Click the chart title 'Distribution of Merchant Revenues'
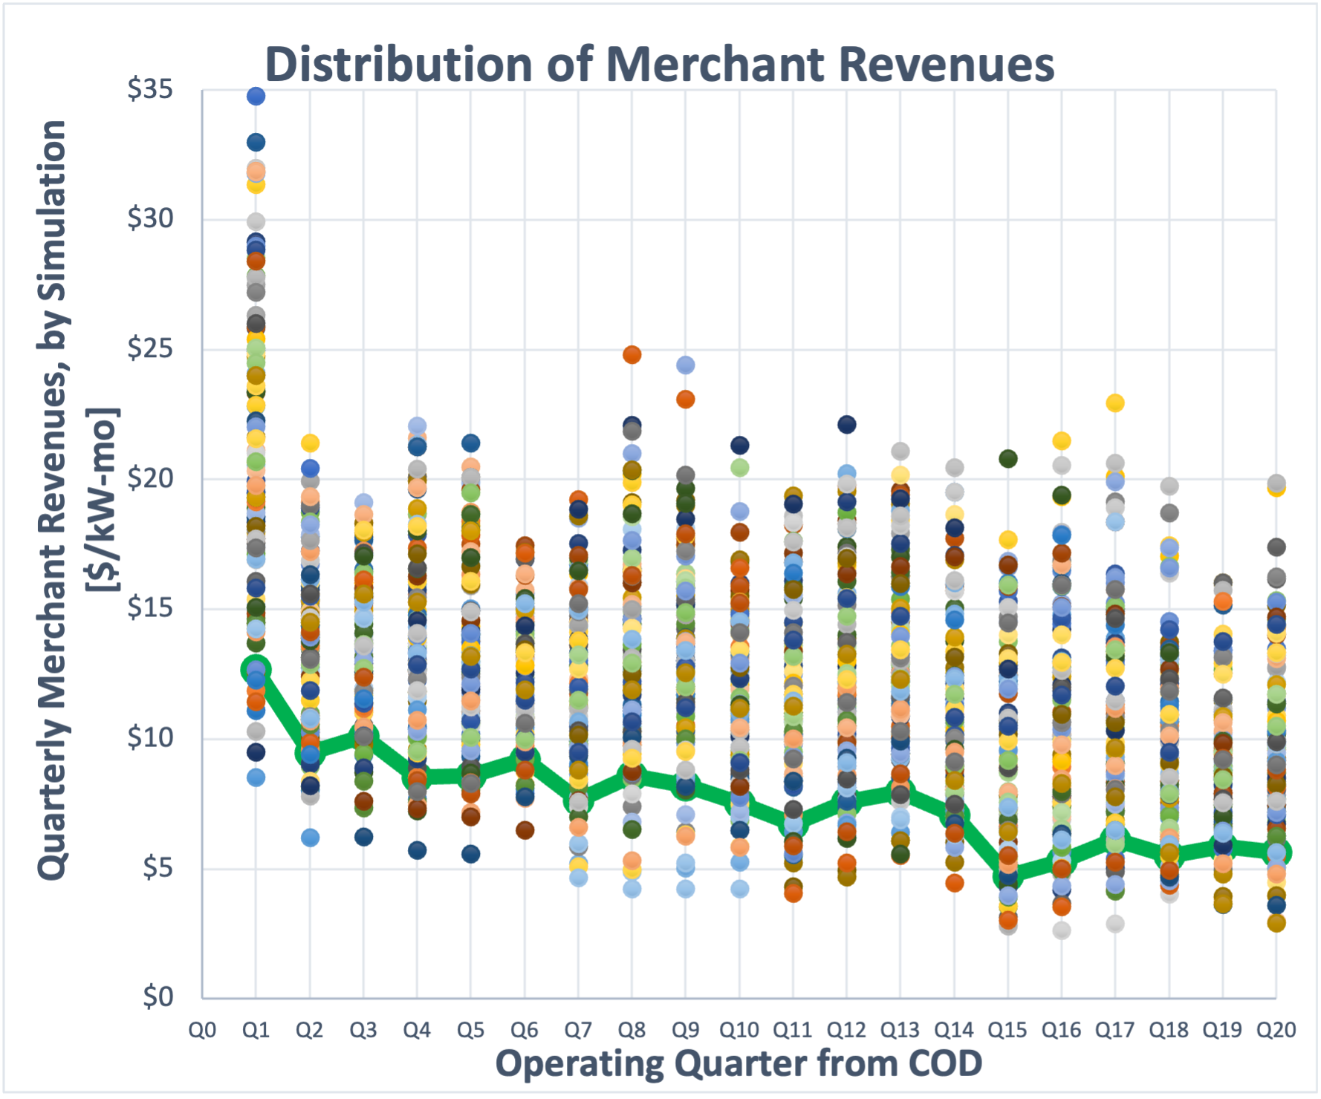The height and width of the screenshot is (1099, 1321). tap(659, 64)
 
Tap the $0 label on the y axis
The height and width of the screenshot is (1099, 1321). tap(158, 997)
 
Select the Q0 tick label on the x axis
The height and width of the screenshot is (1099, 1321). tap(202, 1030)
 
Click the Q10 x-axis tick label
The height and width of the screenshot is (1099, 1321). tap(739, 1030)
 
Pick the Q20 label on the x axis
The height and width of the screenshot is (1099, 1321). tap(1276, 1030)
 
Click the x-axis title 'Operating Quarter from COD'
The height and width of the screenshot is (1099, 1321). tap(739, 1063)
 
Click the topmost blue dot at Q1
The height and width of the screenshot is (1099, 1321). tap(256, 96)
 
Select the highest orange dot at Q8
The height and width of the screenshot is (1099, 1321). tap(632, 355)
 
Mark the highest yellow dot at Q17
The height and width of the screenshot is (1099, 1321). tap(1115, 403)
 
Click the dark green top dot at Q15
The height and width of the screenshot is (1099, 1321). tap(1007, 459)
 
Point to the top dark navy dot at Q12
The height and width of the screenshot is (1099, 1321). tap(846, 425)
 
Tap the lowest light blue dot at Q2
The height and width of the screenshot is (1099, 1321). tap(310, 838)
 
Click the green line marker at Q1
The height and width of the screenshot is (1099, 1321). tap(256, 670)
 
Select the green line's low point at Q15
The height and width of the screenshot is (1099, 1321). tap(1007, 876)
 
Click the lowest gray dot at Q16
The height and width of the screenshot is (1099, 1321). tap(1062, 930)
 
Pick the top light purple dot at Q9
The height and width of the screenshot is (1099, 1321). tap(685, 365)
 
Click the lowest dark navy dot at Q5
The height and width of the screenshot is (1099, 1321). tap(470, 854)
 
